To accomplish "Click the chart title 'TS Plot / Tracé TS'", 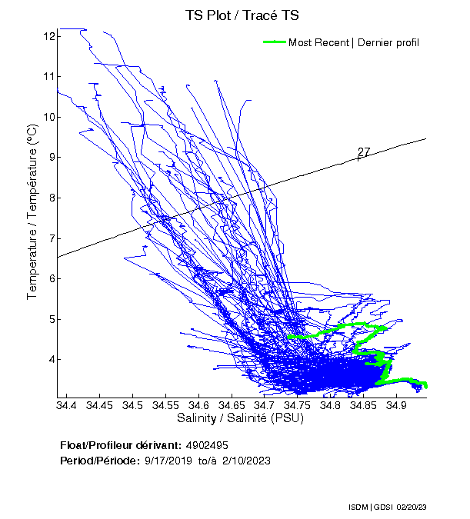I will point(242,15).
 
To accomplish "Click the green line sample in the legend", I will point(274,42).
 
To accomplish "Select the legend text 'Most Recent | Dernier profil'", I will point(354,42).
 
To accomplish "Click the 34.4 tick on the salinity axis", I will point(67,404).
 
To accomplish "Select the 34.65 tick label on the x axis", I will point(231,404).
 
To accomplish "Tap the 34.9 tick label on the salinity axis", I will point(396,404).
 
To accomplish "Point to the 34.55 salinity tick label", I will point(165,404).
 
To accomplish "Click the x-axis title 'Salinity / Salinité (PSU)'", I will point(241,418).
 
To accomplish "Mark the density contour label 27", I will point(363,152).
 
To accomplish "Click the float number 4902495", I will point(207,446).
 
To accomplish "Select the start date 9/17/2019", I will point(168,460).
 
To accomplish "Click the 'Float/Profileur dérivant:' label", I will point(120,446).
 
